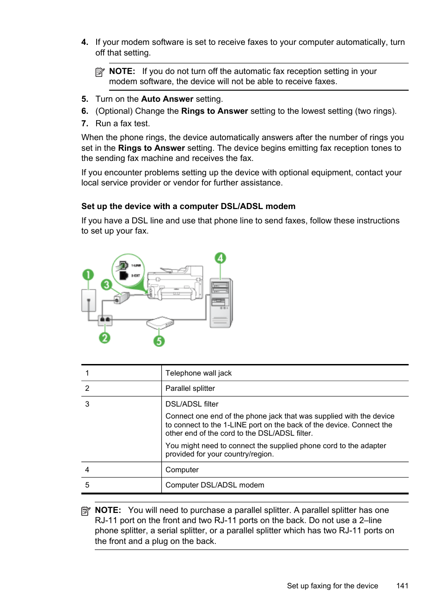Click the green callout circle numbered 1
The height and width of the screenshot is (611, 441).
88,275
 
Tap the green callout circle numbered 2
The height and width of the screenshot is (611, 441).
105,338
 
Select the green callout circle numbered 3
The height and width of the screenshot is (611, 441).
106,284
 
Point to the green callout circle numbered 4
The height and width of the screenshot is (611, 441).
220,258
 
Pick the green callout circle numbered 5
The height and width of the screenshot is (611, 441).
159,341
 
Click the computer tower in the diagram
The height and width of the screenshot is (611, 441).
221,302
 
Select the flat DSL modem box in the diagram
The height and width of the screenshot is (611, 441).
160,322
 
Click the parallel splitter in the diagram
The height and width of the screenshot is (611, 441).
105,319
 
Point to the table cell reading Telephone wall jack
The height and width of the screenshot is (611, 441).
198,373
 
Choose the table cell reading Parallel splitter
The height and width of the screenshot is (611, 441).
190,389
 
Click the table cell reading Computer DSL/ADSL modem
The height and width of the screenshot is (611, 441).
214,485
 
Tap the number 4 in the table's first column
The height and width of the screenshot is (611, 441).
87,470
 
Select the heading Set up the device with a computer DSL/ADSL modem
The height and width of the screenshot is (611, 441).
188,206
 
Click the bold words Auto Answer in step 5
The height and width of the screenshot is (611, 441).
167,99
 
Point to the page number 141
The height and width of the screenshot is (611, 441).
402,586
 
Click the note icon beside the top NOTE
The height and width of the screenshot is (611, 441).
100,72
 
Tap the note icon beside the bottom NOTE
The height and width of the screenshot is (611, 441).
86,511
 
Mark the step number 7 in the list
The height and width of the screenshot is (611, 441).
85,123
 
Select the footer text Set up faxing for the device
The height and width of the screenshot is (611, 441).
332,586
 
